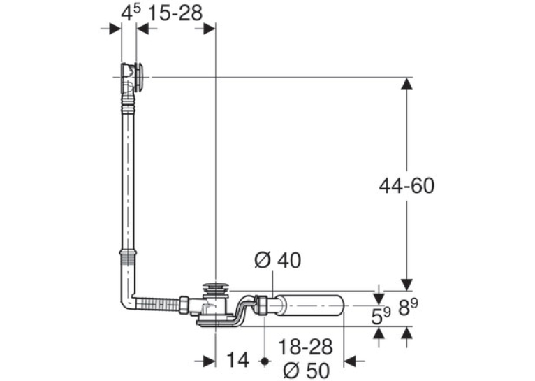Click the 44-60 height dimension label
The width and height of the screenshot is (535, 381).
(406, 186)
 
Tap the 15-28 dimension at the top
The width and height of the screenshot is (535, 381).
(175, 13)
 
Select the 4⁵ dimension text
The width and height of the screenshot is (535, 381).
(131, 13)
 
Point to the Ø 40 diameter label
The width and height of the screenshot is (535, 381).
(278, 260)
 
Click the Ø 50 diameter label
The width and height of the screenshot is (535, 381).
(307, 370)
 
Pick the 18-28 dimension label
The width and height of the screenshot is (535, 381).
(305, 347)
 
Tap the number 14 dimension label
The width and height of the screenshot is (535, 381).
(237, 360)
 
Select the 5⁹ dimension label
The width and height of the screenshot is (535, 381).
(381, 316)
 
